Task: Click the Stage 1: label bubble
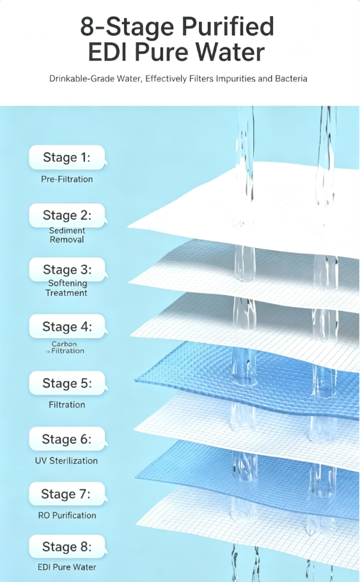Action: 67,157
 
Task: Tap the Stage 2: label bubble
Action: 67,215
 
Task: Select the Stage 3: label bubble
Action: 67,269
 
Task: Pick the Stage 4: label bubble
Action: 67,326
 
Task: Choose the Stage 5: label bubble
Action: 67,383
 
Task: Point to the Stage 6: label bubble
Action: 67,439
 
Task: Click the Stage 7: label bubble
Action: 67,494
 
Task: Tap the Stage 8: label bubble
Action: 67,547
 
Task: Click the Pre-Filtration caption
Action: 67,179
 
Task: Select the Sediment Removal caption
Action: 67,235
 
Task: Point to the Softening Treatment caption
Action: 67,288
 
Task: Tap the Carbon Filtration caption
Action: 65,347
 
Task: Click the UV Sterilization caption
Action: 67,460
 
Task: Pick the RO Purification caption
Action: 67,515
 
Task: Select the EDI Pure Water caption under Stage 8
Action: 67,567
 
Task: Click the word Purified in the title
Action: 228,28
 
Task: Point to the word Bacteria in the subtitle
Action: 291,79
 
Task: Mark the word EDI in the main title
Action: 109,52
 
